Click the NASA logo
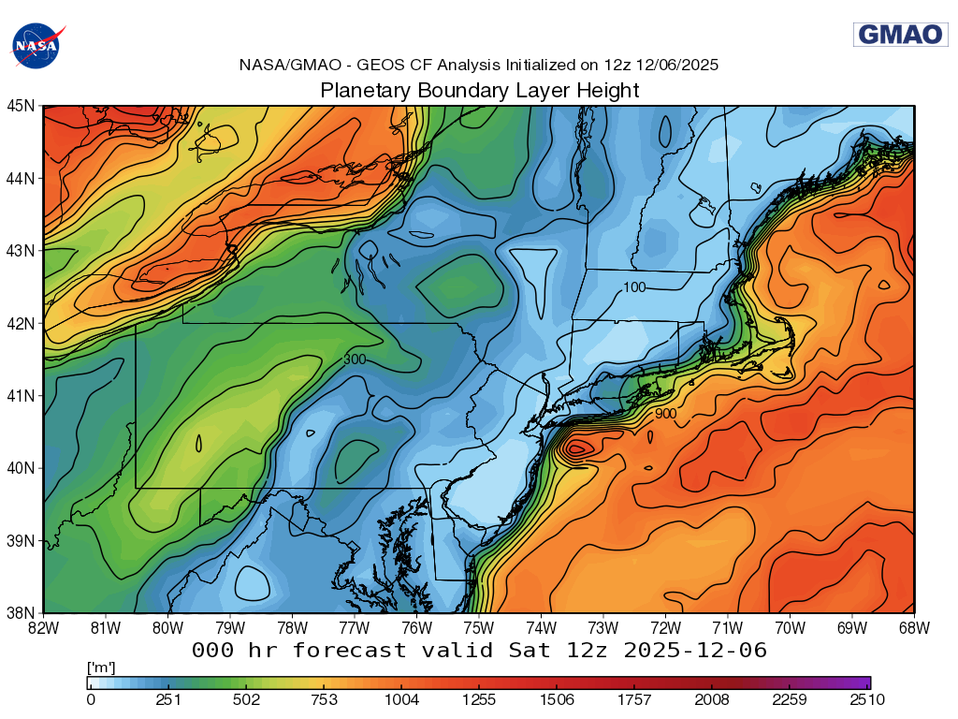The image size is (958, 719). (36, 44)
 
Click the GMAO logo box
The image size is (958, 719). (900, 35)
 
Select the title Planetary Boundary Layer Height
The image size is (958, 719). (479, 91)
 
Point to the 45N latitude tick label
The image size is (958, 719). (22, 106)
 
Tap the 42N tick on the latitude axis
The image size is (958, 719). (22, 323)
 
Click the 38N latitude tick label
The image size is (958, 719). (22, 612)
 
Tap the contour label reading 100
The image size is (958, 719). (634, 287)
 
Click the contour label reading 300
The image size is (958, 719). (355, 359)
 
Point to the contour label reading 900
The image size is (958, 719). (665, 414)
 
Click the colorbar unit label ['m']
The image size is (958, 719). (100, 668)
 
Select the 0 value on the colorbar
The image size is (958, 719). (91, 698)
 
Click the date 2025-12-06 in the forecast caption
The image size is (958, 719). (694, 650)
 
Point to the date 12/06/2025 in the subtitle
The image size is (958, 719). (676, 66)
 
